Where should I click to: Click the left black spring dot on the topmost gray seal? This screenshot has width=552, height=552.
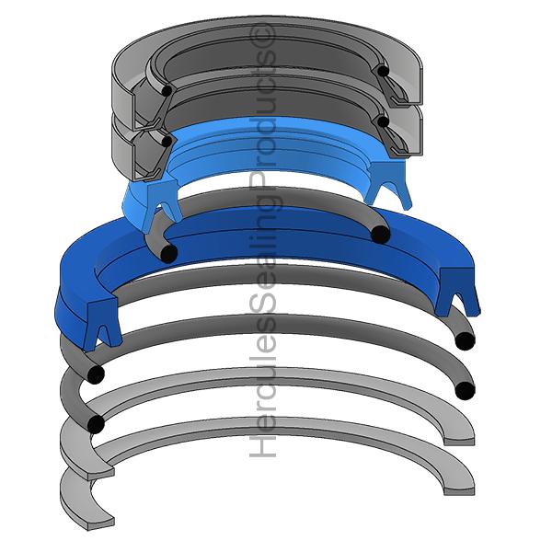click(166, 90)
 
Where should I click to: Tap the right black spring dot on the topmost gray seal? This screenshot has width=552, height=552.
click(381, 70)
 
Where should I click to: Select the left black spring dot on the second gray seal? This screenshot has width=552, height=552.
click(166, 141)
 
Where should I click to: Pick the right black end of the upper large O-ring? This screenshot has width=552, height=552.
click(465, 340)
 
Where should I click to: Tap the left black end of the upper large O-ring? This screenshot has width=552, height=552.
click(94, 374)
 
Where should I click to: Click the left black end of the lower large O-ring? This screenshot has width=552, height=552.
click(94, 423)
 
